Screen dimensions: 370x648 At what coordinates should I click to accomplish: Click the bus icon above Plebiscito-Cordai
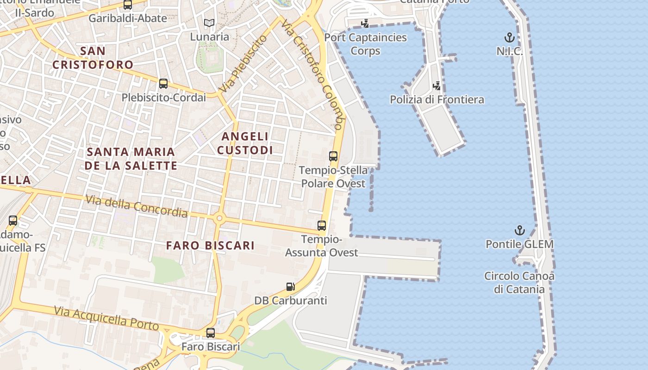[163, 84]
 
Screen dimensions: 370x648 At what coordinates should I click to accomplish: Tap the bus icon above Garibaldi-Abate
[127, 5]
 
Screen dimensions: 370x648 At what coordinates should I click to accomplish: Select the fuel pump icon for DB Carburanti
[290, 287]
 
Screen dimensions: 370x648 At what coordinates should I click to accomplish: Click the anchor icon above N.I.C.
[509, 37]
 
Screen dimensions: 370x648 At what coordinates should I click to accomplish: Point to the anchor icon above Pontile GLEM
[520, 230]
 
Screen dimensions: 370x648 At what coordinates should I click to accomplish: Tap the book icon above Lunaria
[209, 23]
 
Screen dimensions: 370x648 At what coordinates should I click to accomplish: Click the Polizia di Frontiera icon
[436, 86]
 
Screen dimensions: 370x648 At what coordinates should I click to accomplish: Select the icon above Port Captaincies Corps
[365, 23]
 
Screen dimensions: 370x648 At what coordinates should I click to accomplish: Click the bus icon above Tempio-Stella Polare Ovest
[333, 156]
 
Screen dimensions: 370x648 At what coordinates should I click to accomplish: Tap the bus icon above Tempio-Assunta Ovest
[322, 226]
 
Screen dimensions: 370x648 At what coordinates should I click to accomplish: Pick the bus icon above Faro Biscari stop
[211, 333]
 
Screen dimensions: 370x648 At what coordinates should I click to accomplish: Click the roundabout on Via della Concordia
[219, 218]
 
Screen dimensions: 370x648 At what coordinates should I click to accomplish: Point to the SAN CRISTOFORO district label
[93, 57]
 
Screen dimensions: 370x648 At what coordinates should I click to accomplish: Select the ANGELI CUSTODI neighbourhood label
[245, 143]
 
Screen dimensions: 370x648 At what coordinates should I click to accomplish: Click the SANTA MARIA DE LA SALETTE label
[131, 158]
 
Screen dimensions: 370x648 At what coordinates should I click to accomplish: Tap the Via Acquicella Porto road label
[106, 318]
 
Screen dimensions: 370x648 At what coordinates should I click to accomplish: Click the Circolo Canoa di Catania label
[519, 283]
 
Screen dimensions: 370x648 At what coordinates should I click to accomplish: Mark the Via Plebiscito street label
[244, 63]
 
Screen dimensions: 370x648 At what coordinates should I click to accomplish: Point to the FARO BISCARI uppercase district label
[210, 245]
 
